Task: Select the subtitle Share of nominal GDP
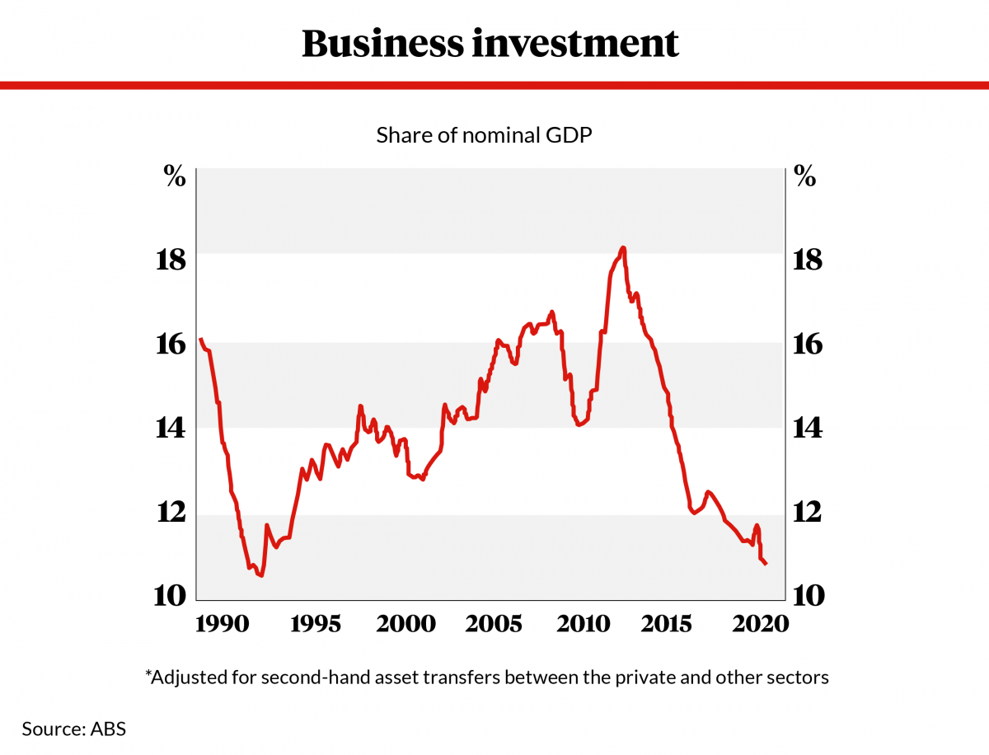pos(484,135)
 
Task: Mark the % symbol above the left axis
pos(175,176)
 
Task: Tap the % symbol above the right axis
pos(804,176)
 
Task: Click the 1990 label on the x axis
pos(225,623)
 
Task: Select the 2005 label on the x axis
pos(494,623)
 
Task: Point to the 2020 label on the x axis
pos(762,623)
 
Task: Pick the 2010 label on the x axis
pos(584,623)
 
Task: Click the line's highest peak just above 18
pos(623,248)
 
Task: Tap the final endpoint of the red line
pos(766,564)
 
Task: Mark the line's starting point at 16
pos(200,339)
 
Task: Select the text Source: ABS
pos(73,729)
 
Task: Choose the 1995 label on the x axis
pos(315,623)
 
